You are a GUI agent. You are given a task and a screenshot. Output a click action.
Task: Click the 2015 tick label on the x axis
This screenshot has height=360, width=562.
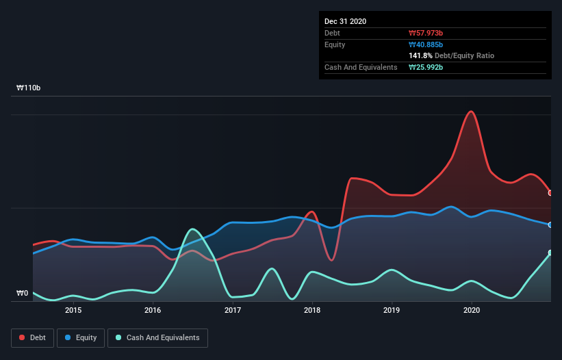(x=73, y=310)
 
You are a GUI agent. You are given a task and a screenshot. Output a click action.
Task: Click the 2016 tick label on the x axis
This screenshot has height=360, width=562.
(x=153, y=310)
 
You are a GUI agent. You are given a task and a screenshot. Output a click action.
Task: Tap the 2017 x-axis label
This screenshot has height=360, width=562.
(x=233, y=310)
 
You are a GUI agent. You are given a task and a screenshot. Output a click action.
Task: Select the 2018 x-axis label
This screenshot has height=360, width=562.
(x=312, y=310)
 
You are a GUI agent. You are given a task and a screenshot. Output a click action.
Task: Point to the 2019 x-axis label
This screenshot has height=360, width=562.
(x=392, y=310)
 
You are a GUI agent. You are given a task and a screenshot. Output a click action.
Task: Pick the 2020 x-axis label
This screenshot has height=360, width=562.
(x=472, y=310)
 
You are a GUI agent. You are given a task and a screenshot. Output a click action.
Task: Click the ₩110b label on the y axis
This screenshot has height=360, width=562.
(x=29, y=88)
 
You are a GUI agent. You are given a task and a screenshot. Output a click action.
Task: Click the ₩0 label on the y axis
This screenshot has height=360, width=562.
(x=22, y=294)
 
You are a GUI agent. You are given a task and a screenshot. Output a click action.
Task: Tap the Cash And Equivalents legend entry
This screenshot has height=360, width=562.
(x=157, y=337)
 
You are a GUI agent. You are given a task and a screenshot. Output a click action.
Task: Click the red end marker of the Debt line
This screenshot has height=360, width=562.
(x=550, y=193)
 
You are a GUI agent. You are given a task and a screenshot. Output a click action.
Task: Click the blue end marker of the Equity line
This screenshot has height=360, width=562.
(x=550, y=224)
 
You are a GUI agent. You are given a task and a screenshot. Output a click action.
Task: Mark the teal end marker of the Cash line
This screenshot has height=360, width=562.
(x=550, y=253)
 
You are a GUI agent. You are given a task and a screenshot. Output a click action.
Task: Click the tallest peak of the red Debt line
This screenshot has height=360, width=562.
(x=470, y=111)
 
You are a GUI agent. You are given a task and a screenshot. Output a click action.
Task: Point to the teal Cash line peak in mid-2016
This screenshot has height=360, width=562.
(x=193, y=229)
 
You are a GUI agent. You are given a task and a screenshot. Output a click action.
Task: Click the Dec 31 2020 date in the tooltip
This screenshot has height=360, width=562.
(x=345, y=21)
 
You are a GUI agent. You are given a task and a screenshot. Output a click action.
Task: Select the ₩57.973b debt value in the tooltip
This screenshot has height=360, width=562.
(x=426, y=33)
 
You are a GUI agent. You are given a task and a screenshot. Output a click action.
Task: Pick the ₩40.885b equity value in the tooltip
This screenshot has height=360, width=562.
(x=426, y=44)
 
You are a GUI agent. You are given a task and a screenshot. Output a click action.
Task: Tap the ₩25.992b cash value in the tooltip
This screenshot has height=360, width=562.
(x=426, y=67)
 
